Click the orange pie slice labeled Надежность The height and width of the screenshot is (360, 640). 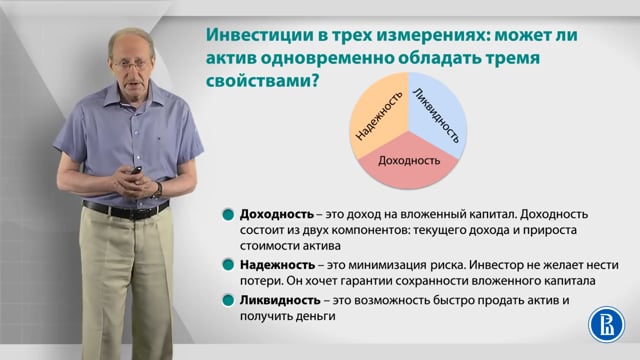coord(378,116)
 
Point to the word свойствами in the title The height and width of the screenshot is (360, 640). coord(258,80)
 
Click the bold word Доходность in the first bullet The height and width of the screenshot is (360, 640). coord(277,214)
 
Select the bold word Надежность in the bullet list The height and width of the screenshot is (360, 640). coord(278,265)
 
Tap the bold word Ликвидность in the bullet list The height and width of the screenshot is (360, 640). coord(280,300)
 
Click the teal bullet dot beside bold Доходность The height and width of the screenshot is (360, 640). coord(228,215)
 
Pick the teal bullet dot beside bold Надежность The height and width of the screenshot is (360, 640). coord(228,265)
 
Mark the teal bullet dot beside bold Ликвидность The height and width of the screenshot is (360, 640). coord(228,301)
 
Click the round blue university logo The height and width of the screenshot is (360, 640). coord(607,324)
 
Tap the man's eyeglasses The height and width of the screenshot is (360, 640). coord(131,64)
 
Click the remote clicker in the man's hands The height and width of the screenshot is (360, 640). coord(136,170)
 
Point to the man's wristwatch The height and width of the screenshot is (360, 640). coord(158,190)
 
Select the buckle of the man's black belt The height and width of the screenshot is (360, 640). coord(122,212)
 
